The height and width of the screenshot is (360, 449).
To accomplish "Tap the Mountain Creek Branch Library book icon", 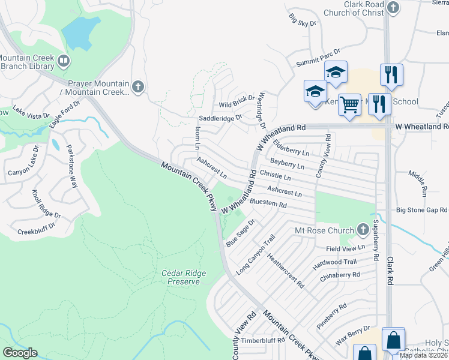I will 63,61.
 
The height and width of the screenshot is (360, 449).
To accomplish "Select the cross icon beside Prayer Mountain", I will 137,87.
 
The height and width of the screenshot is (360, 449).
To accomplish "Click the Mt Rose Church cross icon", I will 363,229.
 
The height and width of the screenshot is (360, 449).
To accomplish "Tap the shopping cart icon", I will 349,104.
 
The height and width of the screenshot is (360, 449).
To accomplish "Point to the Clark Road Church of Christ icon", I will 393,8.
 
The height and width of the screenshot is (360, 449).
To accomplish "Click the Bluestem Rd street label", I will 268,204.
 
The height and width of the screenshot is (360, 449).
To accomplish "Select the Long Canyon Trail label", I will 255,255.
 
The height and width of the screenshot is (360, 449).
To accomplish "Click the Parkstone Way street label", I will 71,166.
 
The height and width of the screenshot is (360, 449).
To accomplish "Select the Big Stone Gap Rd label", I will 421,211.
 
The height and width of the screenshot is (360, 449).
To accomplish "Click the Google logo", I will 20,352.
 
